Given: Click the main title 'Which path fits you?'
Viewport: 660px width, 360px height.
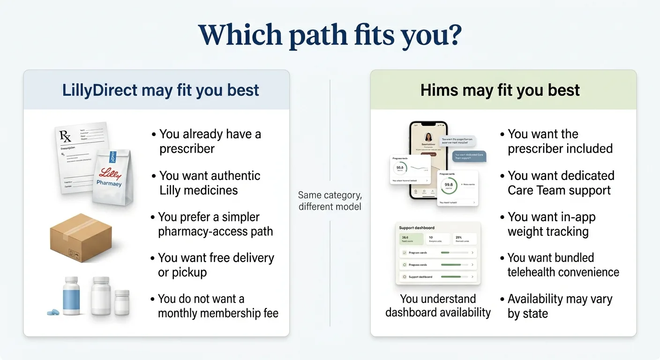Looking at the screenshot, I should (330, 35).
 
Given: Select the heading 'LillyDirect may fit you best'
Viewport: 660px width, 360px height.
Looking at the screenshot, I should (160, 90).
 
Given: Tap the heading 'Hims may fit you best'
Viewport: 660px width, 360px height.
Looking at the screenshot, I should (500, 90).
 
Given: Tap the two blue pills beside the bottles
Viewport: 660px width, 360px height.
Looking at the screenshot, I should (53, 312).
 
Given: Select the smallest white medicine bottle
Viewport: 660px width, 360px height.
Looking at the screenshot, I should (122, 302).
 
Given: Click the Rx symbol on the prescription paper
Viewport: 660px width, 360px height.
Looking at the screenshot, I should (65, 136).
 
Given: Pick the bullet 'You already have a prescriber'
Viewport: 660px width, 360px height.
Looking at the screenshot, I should (210, 141).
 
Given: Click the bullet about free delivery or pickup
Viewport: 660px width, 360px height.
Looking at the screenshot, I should (215, 265).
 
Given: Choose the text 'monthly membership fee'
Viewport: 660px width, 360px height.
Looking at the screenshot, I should (218, 313).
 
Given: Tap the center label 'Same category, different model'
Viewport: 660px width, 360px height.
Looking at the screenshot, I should (330, 201).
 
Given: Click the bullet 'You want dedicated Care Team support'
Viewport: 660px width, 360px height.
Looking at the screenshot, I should (560, 183).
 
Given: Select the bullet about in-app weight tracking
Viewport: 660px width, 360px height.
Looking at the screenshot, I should (551, 224).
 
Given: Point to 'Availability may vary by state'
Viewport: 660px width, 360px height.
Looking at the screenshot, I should (559, 306).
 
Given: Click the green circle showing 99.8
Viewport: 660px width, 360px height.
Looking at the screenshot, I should (449, 185).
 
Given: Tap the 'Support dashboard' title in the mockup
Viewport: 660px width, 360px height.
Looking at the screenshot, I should (416, 228).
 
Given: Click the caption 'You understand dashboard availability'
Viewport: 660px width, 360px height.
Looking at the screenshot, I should (438, 306).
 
